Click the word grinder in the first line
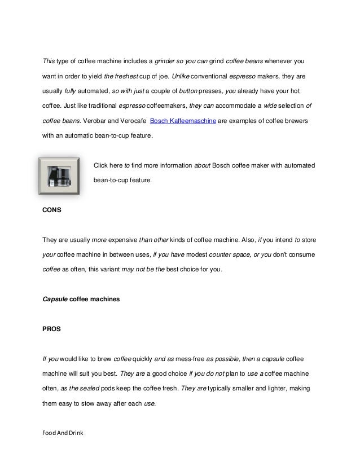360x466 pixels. click(x=166, y=60)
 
